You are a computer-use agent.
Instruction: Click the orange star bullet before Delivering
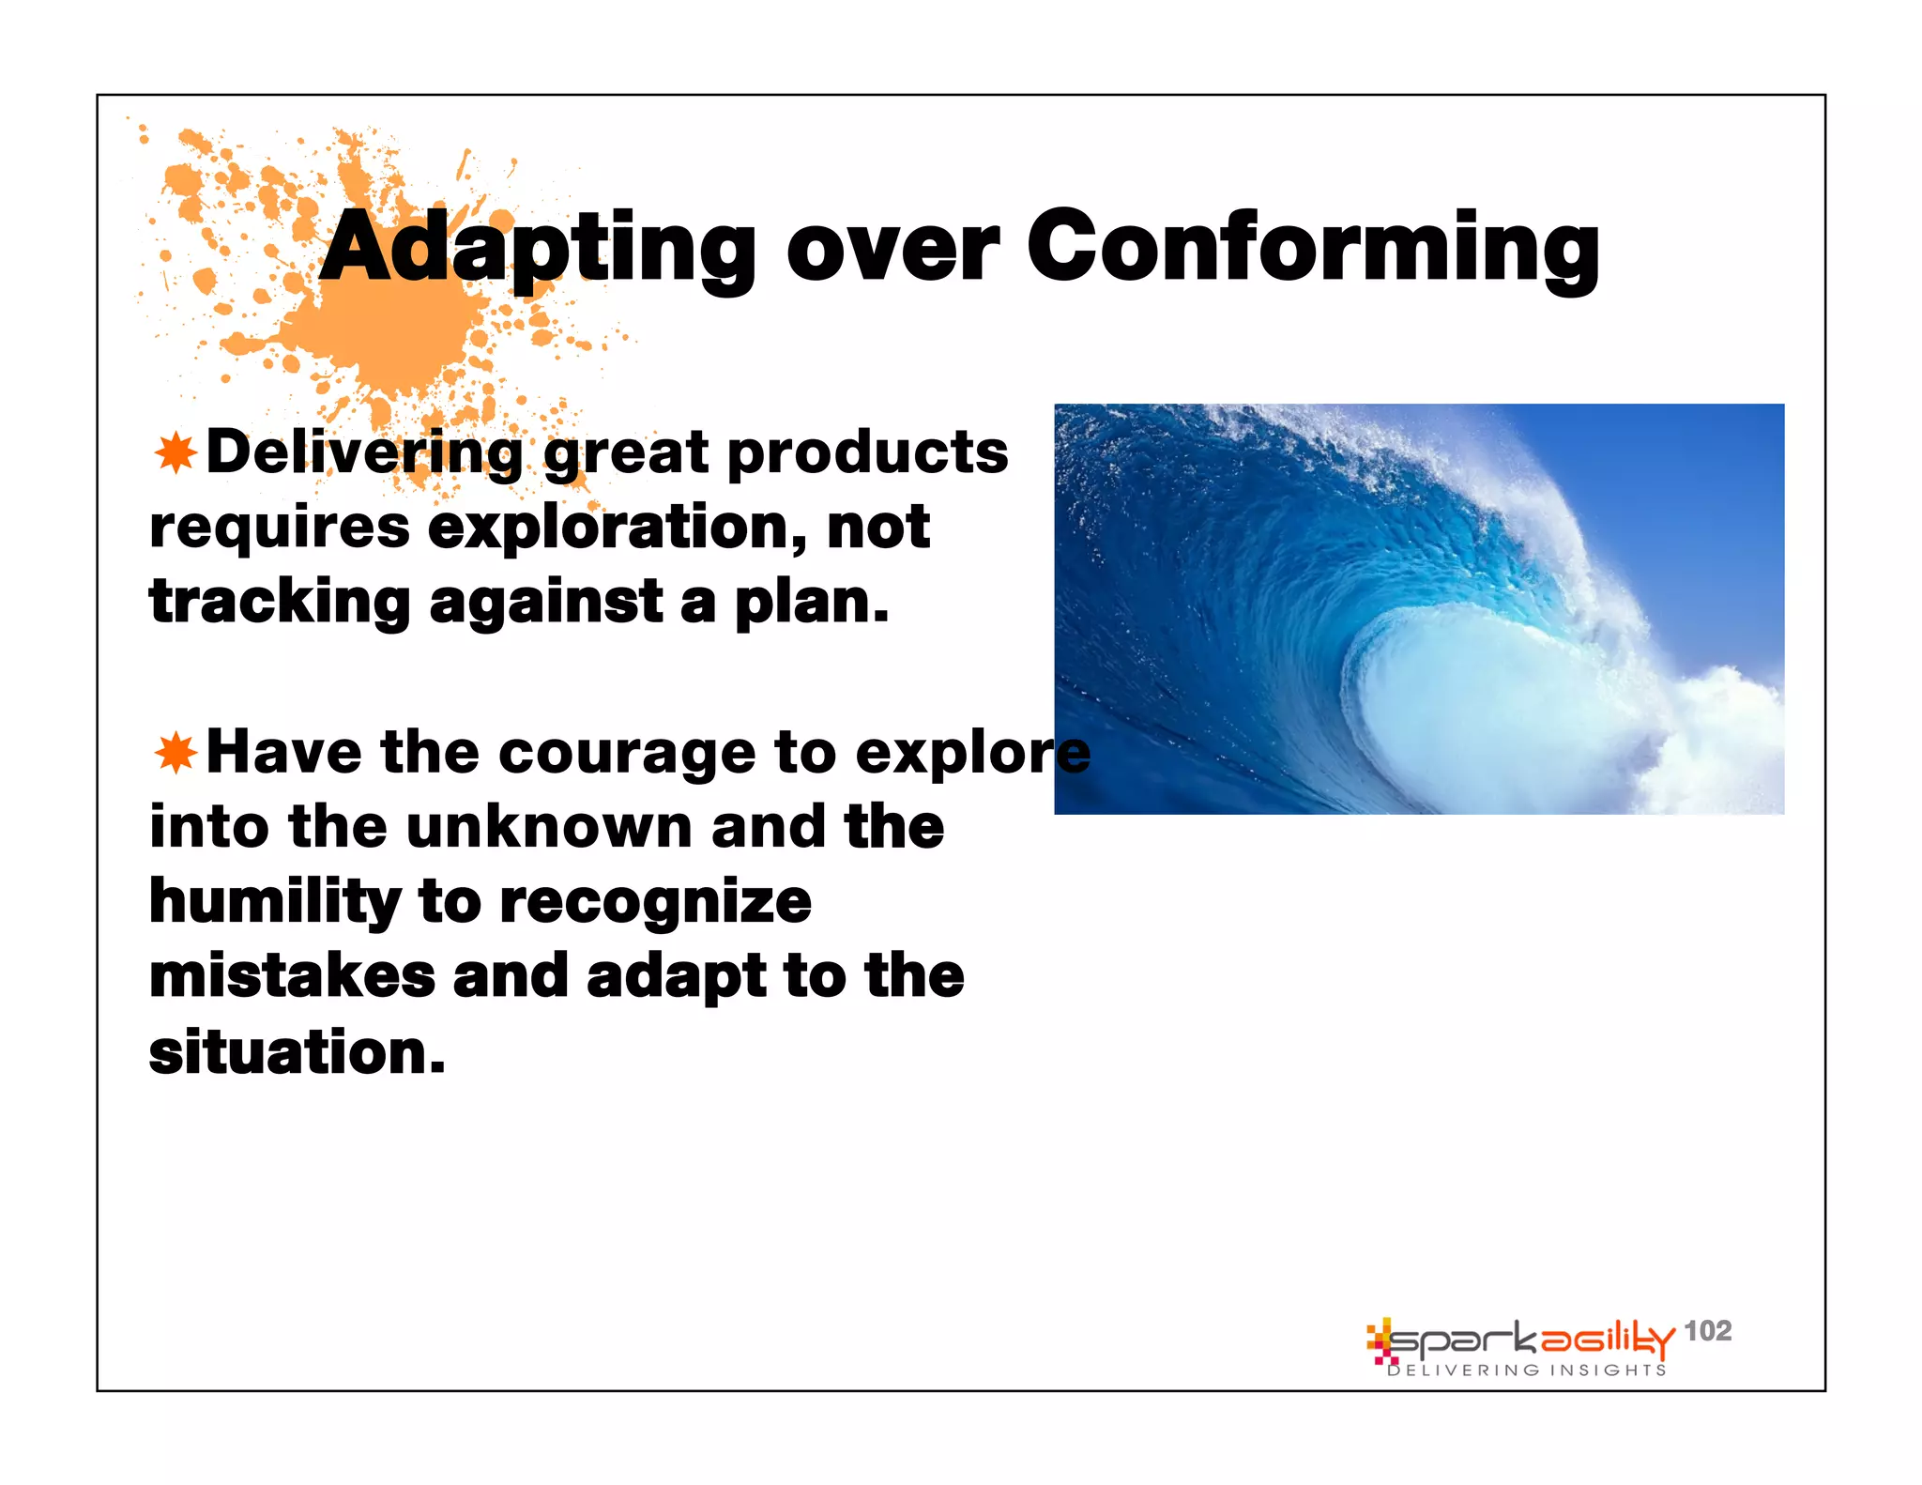175,453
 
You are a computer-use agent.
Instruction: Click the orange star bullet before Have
175,753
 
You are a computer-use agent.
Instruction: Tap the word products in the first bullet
867,453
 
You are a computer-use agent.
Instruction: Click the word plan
811,603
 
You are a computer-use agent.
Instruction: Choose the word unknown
549,827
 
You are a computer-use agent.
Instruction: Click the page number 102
1707,1330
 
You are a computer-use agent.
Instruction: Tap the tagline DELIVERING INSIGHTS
1527,1370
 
